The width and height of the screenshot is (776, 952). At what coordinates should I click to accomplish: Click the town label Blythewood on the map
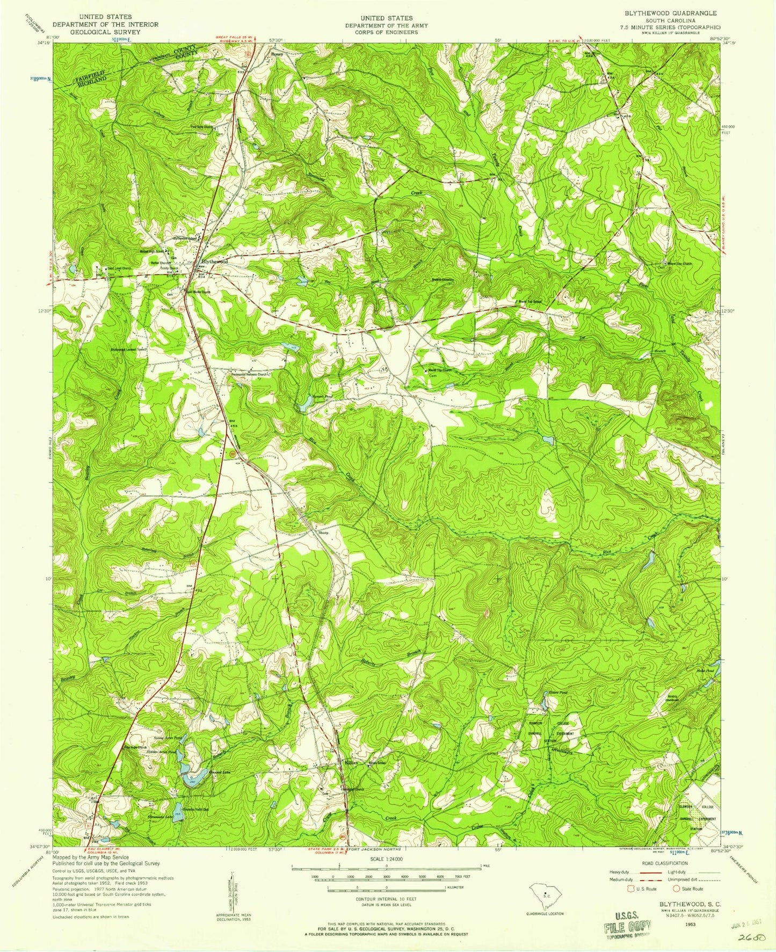[x=214, y=261]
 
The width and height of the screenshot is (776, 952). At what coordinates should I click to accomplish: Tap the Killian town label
[x=351, y=762]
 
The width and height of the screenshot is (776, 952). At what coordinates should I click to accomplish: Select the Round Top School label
[x=529, y=302]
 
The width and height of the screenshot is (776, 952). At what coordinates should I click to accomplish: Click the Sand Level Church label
[x=119, y=268]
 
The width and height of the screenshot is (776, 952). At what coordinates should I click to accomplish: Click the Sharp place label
[x=323, y=533]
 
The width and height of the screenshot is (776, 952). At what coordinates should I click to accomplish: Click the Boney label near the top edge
[x=277, y=54]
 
